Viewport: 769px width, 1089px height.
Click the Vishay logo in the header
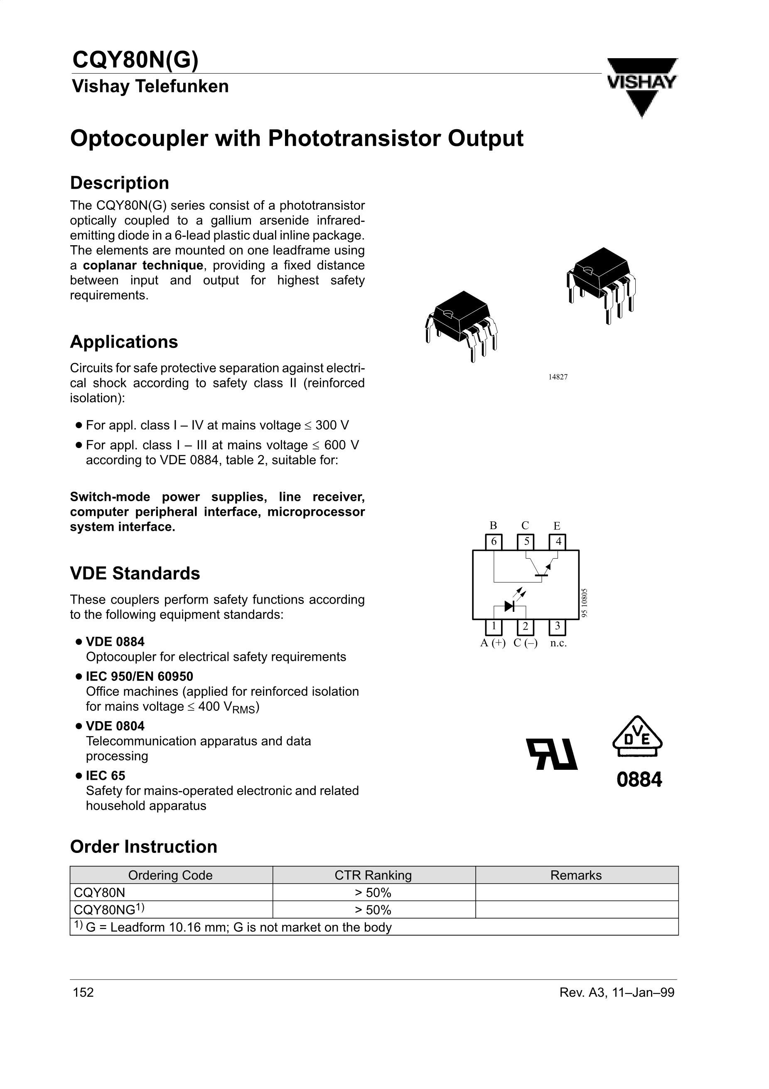click(642, 85)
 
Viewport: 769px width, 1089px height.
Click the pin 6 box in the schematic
click(494, 542)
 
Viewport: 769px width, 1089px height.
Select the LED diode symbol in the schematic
click(510, 606)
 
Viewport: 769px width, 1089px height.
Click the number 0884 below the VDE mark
click(639, 779)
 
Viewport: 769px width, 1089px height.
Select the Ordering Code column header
click(171, 875)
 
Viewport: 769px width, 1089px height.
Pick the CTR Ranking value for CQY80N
click(373, 893)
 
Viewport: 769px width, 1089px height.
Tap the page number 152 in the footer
click(84, 992)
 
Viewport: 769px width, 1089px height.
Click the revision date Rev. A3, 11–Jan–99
click(617, 992)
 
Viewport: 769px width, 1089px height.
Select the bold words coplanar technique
click(143, 265)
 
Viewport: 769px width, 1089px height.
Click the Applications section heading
click(124, 342)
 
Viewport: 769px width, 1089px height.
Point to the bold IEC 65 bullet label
click(105, 776)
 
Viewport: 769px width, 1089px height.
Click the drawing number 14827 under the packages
click(558, 377)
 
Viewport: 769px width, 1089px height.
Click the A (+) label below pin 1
click(493, 643)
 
